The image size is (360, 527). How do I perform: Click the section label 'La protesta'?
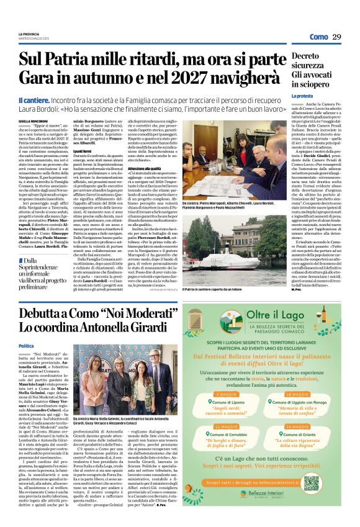tap(302, 96)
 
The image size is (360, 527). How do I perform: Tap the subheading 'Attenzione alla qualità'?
tap(145, 151)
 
